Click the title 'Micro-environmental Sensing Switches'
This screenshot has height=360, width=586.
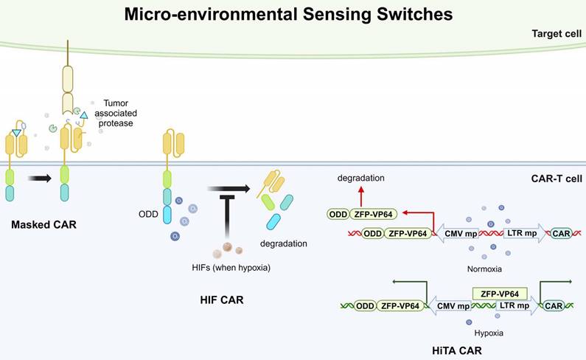288,14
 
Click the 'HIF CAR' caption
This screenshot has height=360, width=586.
221,300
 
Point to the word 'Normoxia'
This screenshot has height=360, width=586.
485,269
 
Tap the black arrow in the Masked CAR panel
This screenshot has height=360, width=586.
39,178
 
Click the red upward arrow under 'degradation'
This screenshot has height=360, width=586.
361,194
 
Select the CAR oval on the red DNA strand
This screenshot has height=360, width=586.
562,234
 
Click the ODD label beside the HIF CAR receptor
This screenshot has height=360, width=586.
147,215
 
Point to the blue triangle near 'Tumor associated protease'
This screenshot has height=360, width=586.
84,116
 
